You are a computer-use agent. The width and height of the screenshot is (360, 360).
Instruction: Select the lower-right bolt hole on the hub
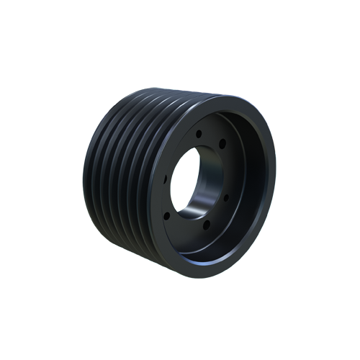pos(225,197)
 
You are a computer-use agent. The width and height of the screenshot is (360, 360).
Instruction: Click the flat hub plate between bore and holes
pos(216,216)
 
